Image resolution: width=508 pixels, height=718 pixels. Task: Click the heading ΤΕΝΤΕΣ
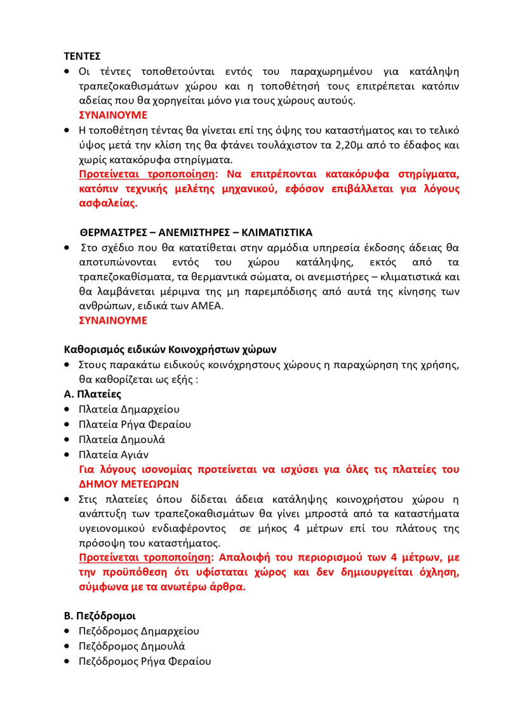83,56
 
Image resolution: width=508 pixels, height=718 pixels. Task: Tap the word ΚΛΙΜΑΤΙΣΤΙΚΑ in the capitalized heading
277,232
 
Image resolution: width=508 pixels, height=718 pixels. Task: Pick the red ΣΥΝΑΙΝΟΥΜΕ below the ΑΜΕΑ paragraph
113,320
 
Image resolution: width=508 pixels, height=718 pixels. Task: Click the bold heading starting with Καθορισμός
170,349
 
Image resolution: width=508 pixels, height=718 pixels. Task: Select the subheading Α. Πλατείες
93,394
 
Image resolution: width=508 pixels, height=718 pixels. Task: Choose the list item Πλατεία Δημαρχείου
129,409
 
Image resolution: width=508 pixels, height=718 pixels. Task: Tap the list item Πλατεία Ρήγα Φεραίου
135,424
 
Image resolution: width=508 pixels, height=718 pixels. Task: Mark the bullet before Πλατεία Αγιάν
68,455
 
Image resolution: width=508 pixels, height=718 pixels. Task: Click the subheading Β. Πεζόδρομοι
100,616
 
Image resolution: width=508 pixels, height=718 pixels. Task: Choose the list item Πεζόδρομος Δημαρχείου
138,631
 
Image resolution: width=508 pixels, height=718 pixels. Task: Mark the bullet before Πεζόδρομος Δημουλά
68,647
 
